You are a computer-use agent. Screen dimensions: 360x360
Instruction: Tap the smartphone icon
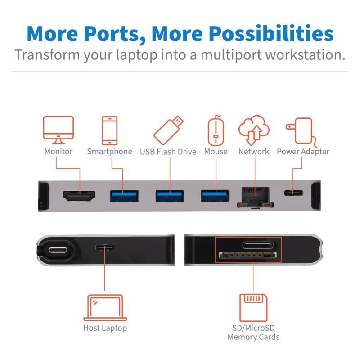(110, 130)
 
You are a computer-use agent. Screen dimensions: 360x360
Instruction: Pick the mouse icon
(216, 130)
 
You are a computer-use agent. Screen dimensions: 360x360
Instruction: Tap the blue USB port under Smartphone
(124, 196)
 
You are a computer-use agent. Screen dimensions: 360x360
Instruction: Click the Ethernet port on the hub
(255, 196)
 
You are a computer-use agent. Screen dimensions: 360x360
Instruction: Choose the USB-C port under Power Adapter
(293, 193)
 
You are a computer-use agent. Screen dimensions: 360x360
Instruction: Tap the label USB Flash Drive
(168, 152)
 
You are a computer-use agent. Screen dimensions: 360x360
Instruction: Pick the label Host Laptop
(105, 328)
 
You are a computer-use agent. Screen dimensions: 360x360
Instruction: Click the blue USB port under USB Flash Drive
(170, 196)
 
